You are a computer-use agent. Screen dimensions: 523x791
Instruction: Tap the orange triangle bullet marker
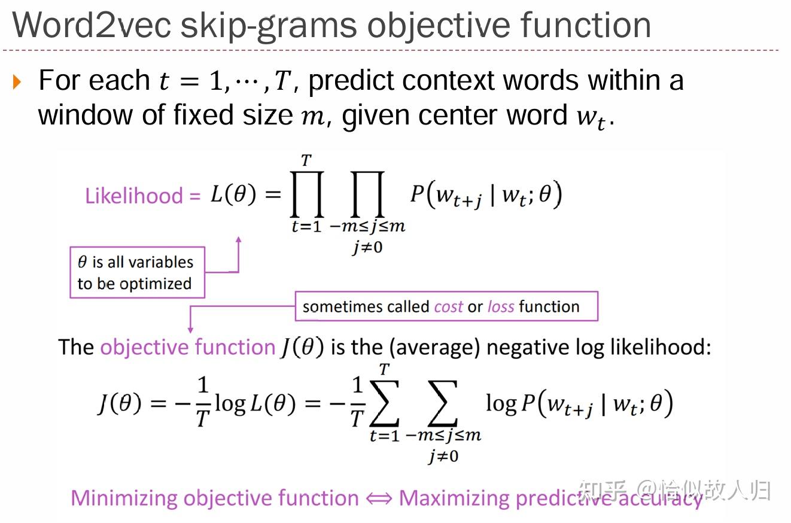click(16, 82)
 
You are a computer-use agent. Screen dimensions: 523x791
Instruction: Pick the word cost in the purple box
click(448, 306)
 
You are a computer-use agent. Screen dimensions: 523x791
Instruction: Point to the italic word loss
click(501, 306)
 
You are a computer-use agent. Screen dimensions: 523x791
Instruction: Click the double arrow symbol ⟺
click(378, 498)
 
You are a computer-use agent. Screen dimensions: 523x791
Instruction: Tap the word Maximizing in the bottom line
click(454, 498)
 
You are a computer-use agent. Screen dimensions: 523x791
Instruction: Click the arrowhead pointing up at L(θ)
click(238, 240)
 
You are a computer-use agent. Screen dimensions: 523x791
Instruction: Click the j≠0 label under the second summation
click(443, 457)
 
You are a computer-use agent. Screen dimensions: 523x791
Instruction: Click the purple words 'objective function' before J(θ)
click(187, 347)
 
